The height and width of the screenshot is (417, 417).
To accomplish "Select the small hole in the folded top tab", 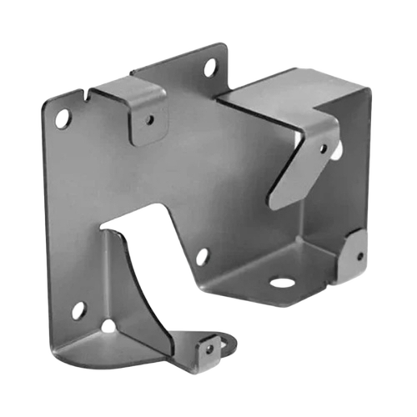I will point(150,119).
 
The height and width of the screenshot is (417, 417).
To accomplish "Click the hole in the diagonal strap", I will point(324,149).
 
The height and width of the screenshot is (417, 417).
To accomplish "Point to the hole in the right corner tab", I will point(360,256).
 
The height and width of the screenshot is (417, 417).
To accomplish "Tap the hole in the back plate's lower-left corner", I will point(78,310).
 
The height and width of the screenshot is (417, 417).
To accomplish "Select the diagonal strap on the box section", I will point(304,163).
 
